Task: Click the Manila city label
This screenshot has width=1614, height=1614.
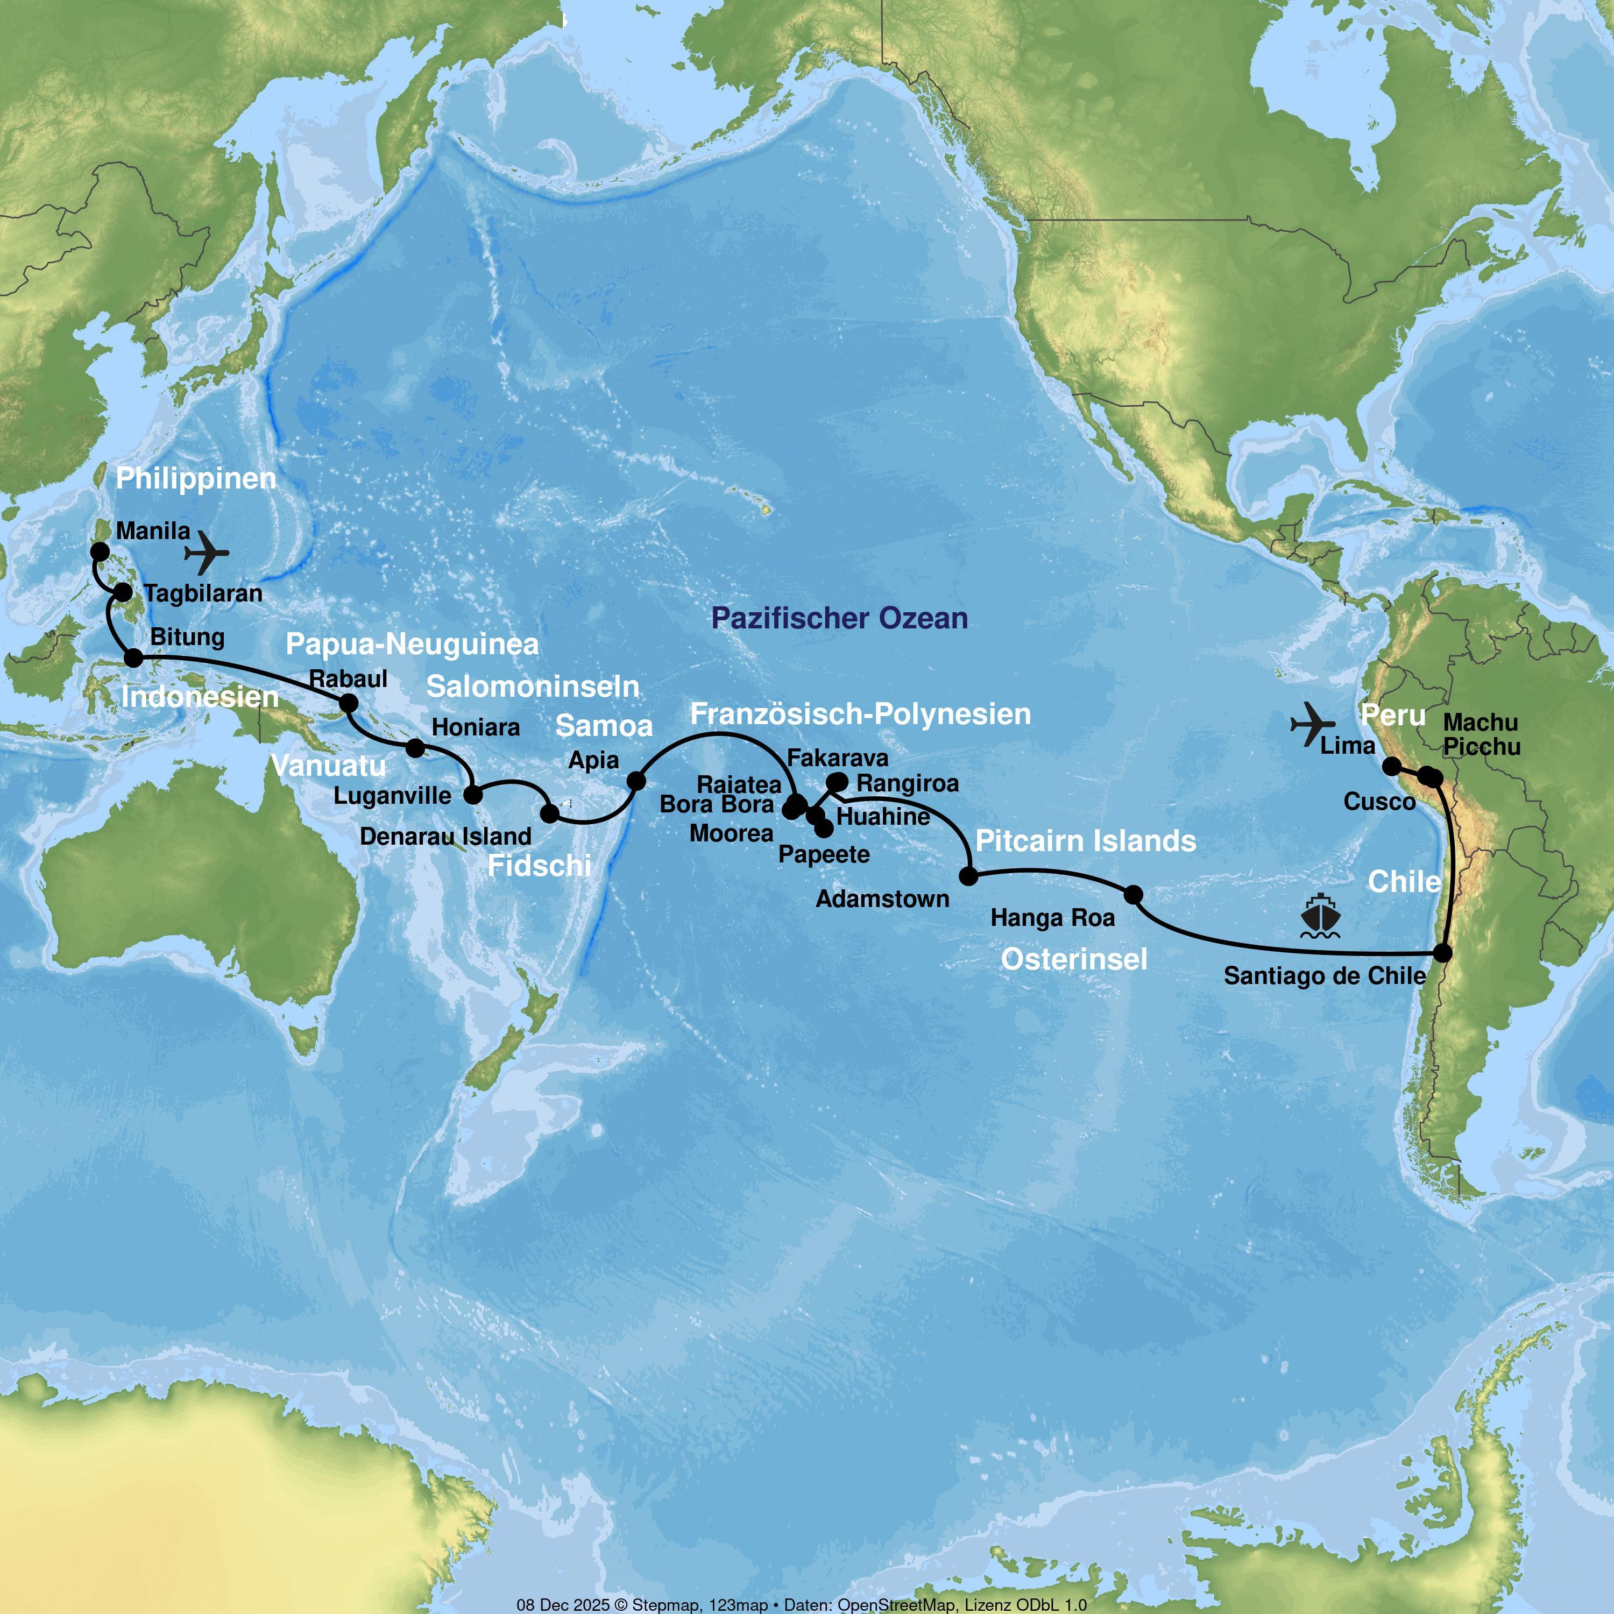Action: tap(153, 530)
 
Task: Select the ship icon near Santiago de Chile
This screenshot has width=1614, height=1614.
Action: tap(1320, 916)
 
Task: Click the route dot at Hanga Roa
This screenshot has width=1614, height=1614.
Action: tap(1133, 895)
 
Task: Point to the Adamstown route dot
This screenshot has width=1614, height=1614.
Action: tap(968, 875)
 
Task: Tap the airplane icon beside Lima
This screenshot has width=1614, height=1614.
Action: tap(1312, 724)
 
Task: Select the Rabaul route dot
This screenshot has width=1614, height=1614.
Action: tap(349, 703)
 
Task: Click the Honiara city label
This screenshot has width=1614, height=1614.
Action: tap(476, 727)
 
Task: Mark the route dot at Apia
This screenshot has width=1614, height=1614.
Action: tap(636, 780)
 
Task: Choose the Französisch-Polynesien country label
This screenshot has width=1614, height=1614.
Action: tap(860, 714)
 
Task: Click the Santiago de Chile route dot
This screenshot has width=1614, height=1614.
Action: tap(1443, 952)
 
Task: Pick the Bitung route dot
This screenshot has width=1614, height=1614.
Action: tap(133, 657)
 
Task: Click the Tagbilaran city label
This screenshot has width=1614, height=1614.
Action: tap(203, 593)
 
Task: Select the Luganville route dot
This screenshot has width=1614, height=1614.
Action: tap(473, 793)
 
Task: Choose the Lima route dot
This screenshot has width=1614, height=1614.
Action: tap(1392, 765)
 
